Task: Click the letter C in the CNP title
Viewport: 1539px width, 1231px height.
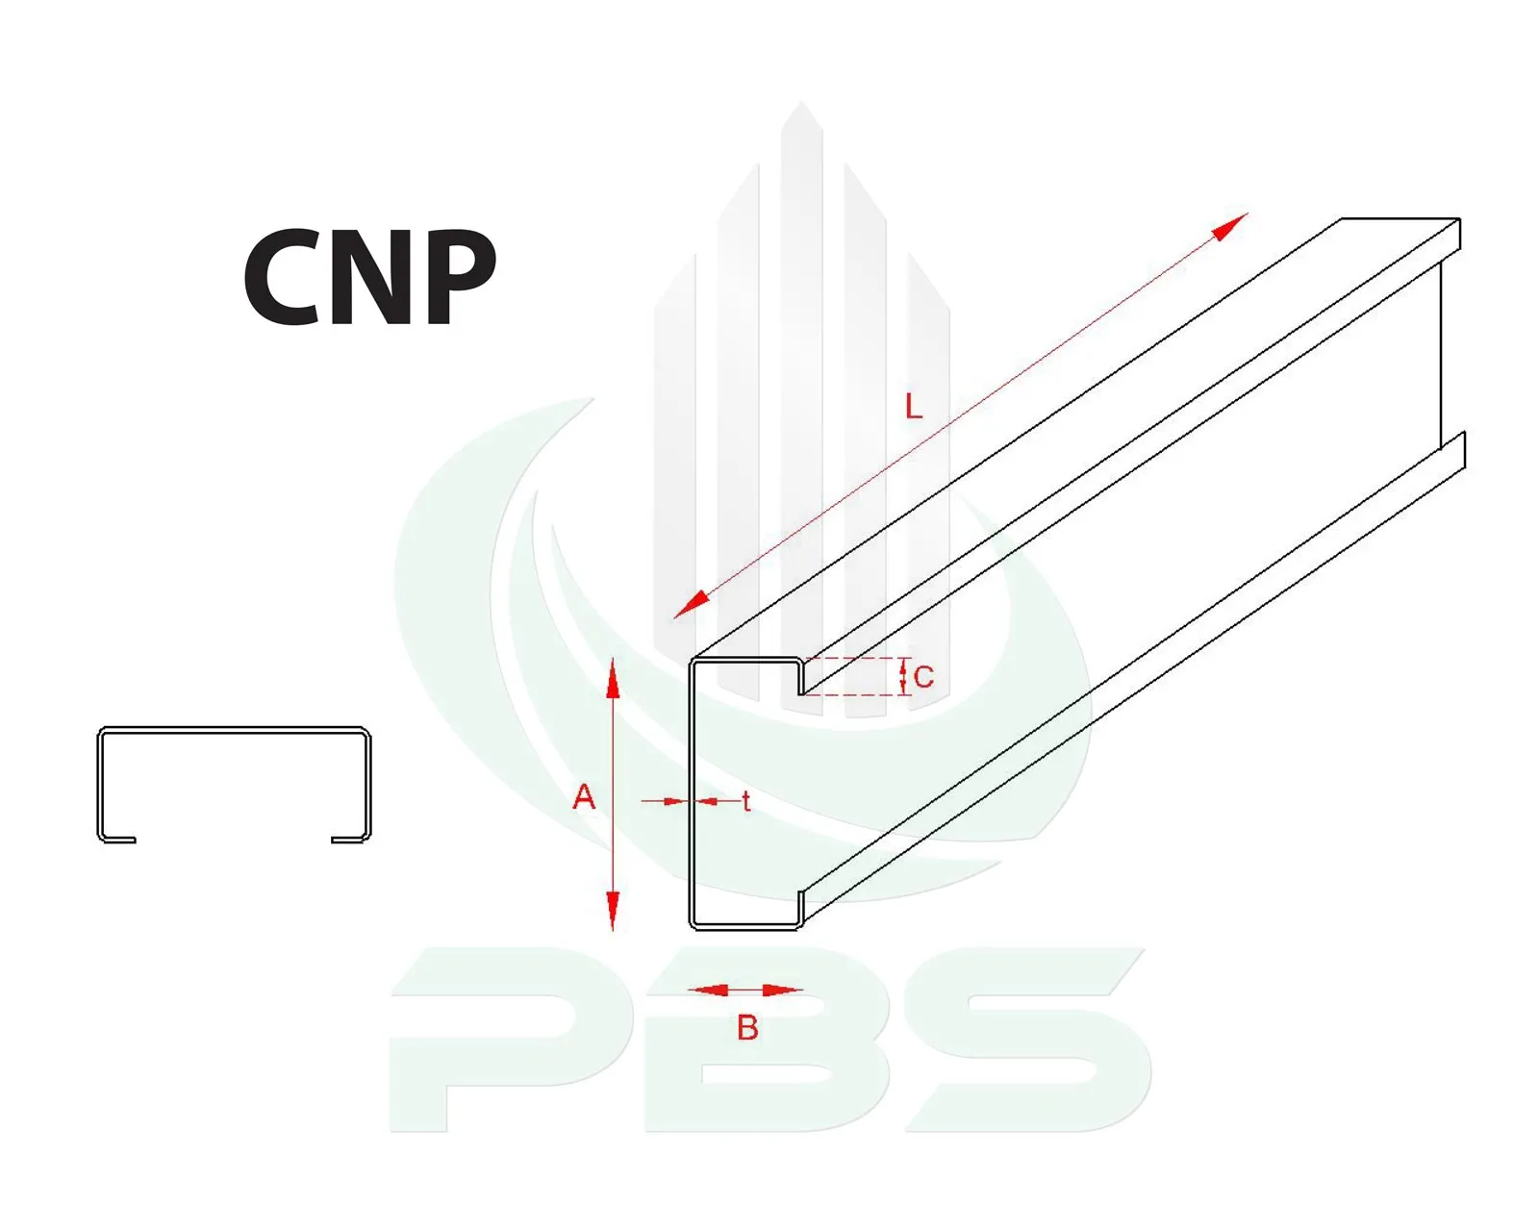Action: (280, 277)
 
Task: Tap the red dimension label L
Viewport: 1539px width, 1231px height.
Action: (913, 408)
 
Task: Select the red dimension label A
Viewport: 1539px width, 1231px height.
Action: (584, 797)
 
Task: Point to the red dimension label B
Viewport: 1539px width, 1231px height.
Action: (747, 1028)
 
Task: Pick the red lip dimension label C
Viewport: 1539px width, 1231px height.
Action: (923, 677)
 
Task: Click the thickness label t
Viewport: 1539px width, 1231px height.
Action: (745, 802)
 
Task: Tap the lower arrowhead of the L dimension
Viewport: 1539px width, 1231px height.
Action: (691, 605)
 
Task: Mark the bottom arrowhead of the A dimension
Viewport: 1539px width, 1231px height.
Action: (612, 911)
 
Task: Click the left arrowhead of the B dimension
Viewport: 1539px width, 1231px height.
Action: (707, 990)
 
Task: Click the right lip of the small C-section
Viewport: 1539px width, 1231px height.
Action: (349, 840)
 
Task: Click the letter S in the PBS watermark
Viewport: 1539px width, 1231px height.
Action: (1027, 1040)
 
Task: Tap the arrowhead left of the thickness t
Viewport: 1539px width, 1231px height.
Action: (676, 801)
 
